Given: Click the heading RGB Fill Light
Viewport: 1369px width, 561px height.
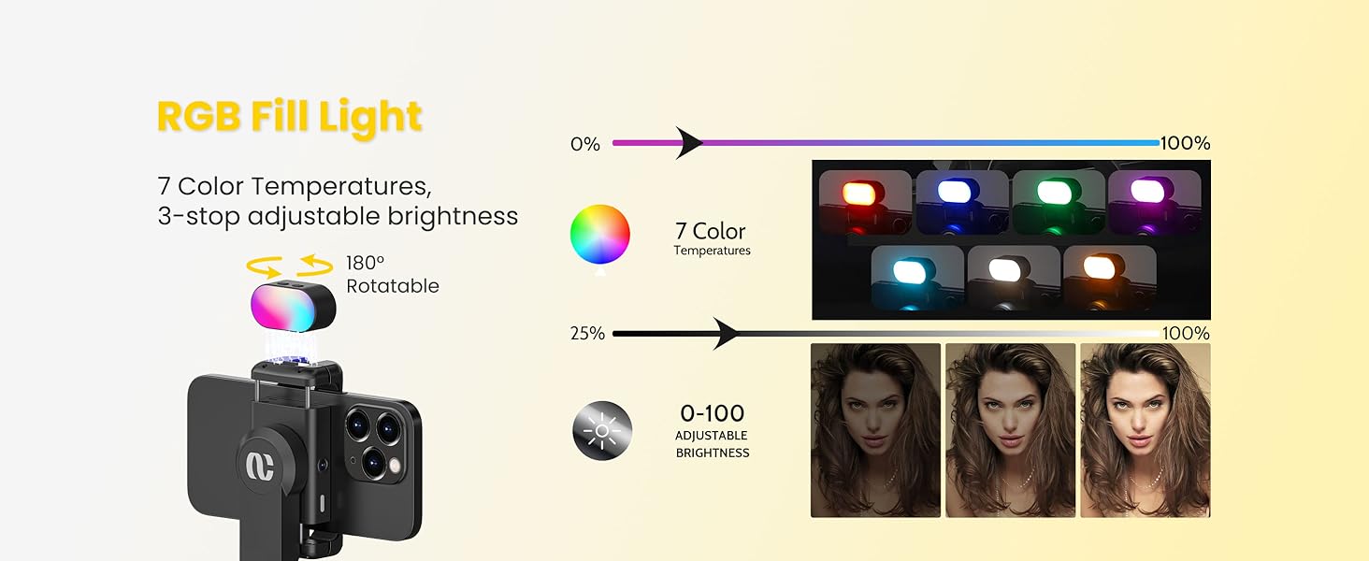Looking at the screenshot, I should point(290,117).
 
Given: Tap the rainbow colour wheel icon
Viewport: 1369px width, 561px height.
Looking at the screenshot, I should point(600,234).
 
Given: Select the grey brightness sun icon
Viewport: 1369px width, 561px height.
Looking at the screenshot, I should point(601,430).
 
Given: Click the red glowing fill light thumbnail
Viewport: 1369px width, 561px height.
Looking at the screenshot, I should point(865,200).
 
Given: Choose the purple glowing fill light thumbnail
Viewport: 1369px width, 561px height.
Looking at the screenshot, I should point(1154,200).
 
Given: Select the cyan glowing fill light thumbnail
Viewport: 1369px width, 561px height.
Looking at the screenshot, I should point(916,277).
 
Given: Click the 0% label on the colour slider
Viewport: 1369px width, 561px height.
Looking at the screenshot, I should point(585,144).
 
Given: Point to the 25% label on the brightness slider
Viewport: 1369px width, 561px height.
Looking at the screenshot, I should point(587,334).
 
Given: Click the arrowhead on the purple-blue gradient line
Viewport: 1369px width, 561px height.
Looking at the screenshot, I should point(690,143).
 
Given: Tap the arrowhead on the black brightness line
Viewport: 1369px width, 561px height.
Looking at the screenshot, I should point(727,333).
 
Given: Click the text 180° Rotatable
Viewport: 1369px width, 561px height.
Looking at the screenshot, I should point(392,275).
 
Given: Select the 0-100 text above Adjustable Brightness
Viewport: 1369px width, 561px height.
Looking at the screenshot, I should point(712,413).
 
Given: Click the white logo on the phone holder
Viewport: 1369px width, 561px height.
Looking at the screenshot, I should point(259,465).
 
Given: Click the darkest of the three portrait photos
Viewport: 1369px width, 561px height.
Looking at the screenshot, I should point(875,430).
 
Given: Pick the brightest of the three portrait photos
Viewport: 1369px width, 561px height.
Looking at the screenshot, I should point(1145,430).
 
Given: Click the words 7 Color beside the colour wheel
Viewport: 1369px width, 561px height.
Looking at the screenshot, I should point(711,231).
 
